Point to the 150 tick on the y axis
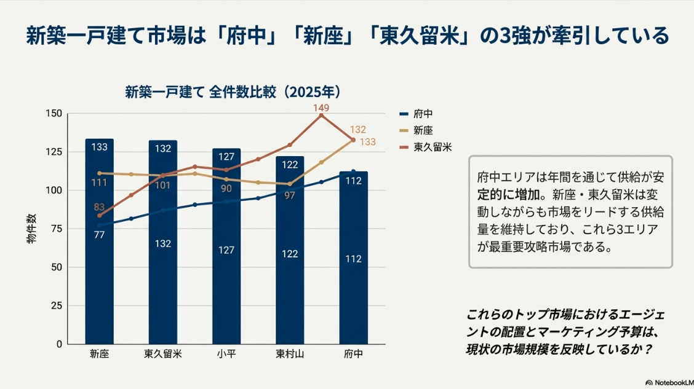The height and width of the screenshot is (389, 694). pos(54,114)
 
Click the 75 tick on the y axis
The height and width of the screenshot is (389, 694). pos(57,229)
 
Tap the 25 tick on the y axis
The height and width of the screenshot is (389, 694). pos(57,305)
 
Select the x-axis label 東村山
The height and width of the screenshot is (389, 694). pos(290,354)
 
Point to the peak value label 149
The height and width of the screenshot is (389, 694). pos(321,108)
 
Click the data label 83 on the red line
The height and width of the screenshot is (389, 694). pos(99,206)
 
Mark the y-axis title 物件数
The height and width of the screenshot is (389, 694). pos(31,229)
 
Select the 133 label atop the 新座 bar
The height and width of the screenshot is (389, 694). pos(99,147)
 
